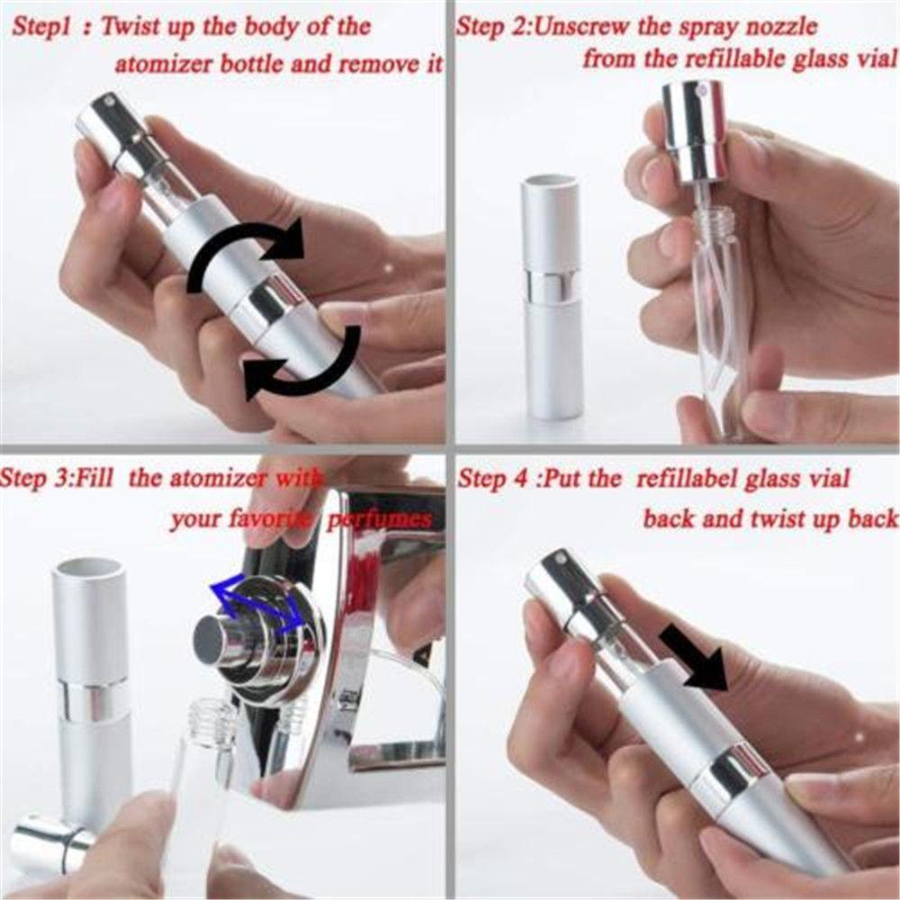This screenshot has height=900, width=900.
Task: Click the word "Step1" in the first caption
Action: point(40,28)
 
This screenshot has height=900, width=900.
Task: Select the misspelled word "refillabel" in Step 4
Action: point(685,478)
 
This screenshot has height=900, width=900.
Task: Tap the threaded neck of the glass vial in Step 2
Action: point(713,221)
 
